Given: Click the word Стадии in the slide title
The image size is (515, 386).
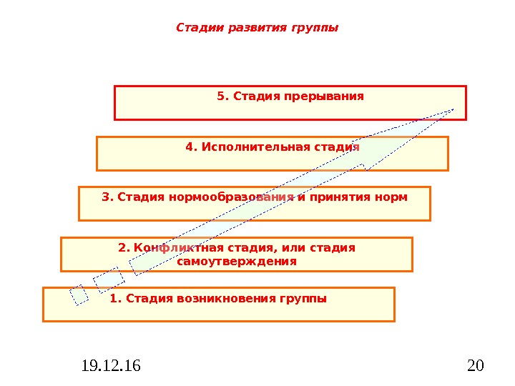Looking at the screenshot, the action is (x=195, y=29).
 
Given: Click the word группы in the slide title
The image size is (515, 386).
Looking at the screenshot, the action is (x=314, y=29).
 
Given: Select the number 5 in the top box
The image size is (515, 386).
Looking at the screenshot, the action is (x=220, y=96).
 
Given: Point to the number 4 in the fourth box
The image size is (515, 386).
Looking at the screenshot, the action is (x=189, y=147).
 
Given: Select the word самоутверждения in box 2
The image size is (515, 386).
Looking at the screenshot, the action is (x=236, y=262).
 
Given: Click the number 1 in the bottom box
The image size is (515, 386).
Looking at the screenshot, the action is (x=114, y=298).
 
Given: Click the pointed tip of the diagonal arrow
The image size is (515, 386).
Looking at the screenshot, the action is (x=452, y=109).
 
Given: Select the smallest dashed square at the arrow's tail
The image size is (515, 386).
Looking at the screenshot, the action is (x=79, y=295).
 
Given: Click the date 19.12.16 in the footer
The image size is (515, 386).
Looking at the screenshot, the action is (x=111, y=367).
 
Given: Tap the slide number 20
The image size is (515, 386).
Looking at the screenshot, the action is (x=475, y=367).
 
